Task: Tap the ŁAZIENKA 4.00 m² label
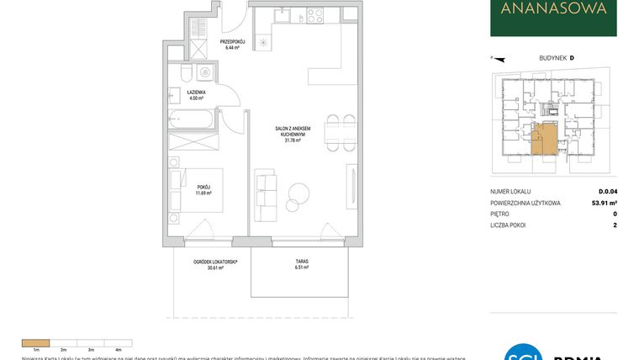click(197, 95)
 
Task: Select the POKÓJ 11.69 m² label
click(204, 189)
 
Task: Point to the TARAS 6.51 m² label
click(301, 264)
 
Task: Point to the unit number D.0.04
click(606, 192)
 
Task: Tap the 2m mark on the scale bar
click(63, 348)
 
